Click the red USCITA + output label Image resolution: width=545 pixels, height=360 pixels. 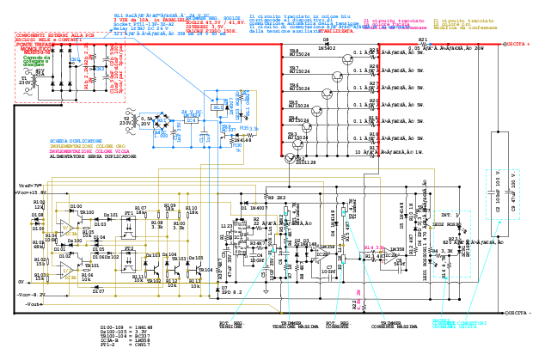coord(519,43)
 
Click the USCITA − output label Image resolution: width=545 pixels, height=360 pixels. coord(519,314)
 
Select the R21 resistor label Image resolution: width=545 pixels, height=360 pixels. coord(422,40)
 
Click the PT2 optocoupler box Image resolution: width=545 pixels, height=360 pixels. coord(129,255)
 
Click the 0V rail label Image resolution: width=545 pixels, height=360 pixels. coord(21,281)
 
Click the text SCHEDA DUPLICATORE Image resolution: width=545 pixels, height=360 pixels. coord(76,140)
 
